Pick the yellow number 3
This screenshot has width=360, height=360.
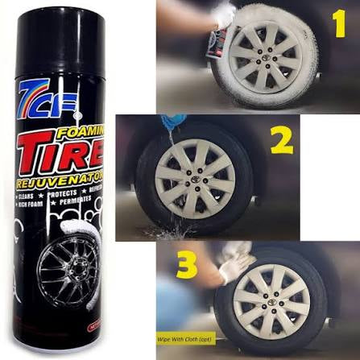[188, 266]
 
